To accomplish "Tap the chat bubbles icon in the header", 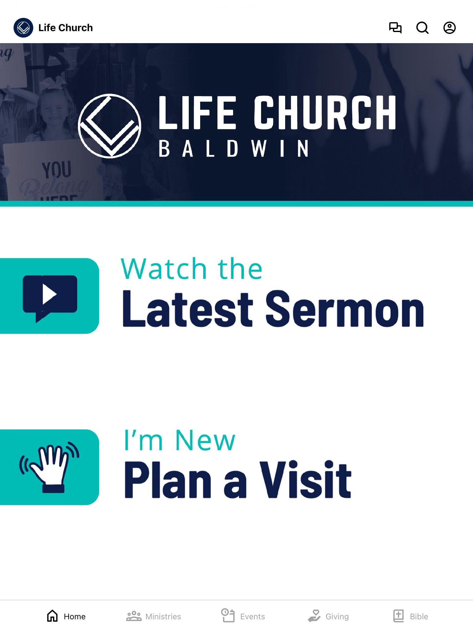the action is click(x=395, y=28).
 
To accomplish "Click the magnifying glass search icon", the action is click(x=422, y=28).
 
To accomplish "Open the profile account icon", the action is click(x=450, y=28).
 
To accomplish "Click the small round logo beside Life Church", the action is click(x=23, y=28).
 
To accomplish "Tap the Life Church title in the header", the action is click(x=66, y=28).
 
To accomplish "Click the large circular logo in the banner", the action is click(x=110, y=126).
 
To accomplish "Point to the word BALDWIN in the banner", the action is click(x=233, y=149).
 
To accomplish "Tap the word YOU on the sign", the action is click(x=57, y=170).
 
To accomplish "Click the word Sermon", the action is click(x=345, y=309).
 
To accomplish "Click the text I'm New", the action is click(x=180, y=440).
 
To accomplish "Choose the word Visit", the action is click(x=305, y=480).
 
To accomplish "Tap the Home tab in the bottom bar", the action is click(x=66, y=616).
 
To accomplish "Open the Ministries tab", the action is click(x=154, y=616).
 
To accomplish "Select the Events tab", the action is click(x=243, y=616).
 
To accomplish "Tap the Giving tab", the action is click(x=328, y=616).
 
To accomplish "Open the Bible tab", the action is click(x=410, y=616).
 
